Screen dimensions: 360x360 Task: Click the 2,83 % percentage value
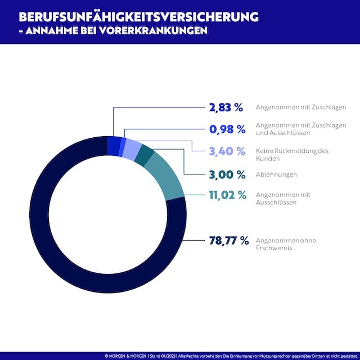tap(226, 107)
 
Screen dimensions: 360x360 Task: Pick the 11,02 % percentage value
tap(225, 195)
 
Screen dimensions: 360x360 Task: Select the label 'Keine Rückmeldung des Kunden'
tap(291, 155)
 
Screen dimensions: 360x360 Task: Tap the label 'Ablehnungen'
tap(276, 174)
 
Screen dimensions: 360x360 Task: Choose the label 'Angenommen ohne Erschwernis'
tap(286, 244)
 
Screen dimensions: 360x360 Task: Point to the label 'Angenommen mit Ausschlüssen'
tap(283, 199)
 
